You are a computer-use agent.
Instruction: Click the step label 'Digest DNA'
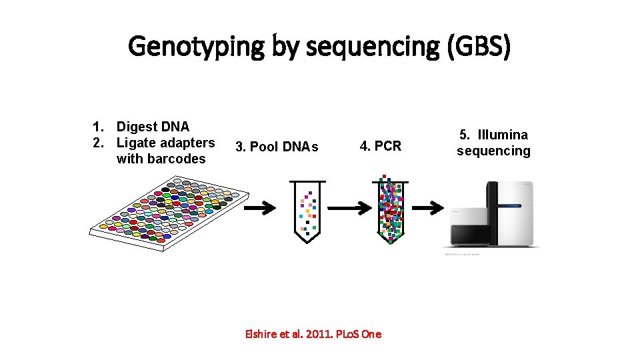click(153, 127)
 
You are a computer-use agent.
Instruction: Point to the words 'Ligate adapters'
click(165, 143)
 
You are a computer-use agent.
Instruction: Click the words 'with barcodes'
click(161, 159)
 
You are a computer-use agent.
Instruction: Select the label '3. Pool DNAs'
click(277, 147)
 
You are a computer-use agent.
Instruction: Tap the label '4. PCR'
click(381, 146)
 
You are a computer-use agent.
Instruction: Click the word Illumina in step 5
click(502, 135)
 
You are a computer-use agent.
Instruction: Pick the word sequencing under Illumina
click(493, 151)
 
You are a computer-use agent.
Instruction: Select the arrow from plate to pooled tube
click(259, 209)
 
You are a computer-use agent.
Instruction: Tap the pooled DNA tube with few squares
click(307, 210)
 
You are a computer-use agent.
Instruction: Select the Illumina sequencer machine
click(493, 214)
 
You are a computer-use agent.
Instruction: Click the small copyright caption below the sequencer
click(461, 255)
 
